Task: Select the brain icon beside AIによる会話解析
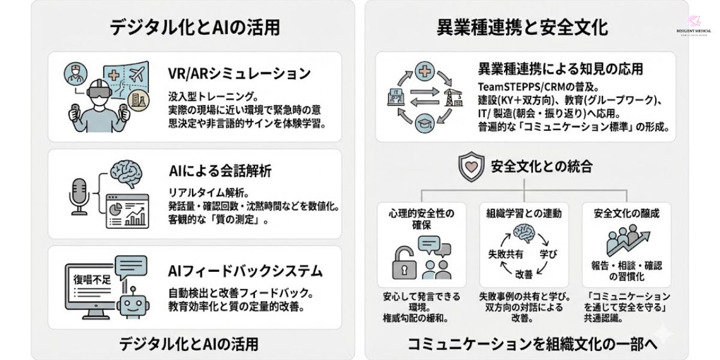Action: point(129,173)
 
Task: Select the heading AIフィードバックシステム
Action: point(246,271)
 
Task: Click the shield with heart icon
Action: point(472,166)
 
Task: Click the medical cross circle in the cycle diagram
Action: point(424,70)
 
